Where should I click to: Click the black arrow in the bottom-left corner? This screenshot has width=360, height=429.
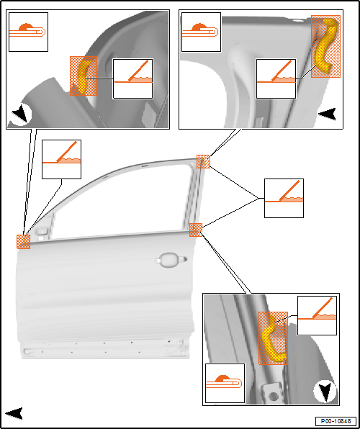[x=14, y=413]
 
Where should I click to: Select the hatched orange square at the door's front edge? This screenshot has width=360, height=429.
[x=23, y=242]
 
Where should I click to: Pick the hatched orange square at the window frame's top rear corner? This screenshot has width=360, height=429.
[x=203, y=161]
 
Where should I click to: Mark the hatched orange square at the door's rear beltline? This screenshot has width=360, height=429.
[x=196, y=230]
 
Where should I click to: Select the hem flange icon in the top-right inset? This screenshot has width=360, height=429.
[x=201, y=32]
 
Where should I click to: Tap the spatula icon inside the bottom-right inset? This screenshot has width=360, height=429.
[x=317, y=315]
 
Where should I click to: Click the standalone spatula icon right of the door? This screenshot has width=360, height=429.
[x=284, y=198]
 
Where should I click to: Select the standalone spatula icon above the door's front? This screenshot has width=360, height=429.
[x=61, y=159]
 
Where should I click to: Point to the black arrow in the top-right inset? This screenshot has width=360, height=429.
[x=327, y=114]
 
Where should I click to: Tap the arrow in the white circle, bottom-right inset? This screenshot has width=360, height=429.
[x=325, y=392]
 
